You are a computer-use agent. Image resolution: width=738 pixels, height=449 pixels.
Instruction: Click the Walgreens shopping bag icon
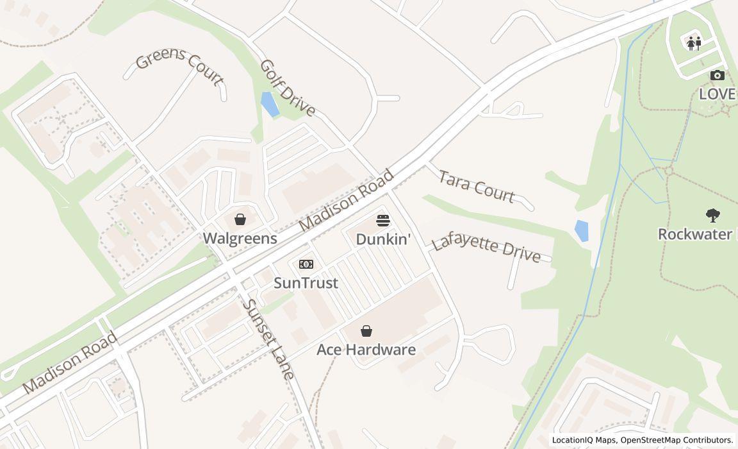coord(240,220)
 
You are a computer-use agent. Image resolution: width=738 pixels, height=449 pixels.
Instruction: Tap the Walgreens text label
coord(240,239)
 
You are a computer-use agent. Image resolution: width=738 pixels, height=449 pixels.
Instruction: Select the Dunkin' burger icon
coord(383,221)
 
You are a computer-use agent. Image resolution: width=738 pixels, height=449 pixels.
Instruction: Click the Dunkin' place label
coord(383,239)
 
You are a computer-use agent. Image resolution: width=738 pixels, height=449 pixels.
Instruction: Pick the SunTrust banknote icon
coord(306,264)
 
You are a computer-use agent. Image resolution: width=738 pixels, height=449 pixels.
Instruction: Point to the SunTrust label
coord(306,283)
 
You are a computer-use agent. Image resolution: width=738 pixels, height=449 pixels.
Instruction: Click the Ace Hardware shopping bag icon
coord(366,331)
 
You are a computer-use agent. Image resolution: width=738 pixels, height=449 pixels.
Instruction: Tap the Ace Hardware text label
coord(366,350)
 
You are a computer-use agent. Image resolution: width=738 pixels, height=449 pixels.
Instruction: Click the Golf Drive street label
coord(288,89)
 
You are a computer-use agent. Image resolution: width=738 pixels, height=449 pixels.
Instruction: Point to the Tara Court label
coord(477,187)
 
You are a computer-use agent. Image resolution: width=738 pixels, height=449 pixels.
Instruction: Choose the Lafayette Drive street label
coord(486,248)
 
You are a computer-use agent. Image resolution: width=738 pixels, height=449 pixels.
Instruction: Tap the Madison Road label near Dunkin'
coord(346,201)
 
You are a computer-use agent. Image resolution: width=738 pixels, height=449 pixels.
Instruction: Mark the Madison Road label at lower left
coord(70,362)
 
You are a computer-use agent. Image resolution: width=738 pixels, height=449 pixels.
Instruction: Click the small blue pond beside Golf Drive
coord(270,104)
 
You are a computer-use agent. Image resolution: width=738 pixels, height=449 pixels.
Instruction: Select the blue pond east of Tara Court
coord(582,231)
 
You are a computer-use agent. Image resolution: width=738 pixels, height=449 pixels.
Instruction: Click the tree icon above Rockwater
coord(712,216)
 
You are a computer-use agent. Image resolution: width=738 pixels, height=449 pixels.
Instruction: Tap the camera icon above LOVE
coord(717,76)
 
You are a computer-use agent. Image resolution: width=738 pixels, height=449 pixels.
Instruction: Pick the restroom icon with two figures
coord(694,44)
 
